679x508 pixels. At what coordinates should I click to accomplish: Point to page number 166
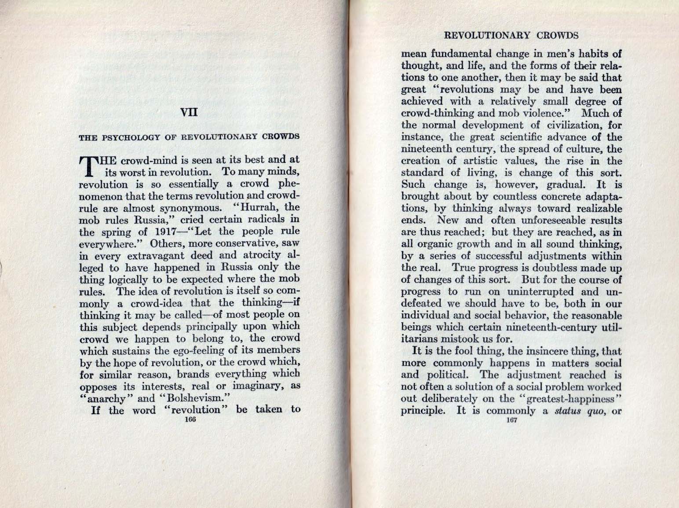point(190,420)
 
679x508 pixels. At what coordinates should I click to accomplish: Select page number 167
point(511,420)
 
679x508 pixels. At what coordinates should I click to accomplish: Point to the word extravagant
point(163,255)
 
